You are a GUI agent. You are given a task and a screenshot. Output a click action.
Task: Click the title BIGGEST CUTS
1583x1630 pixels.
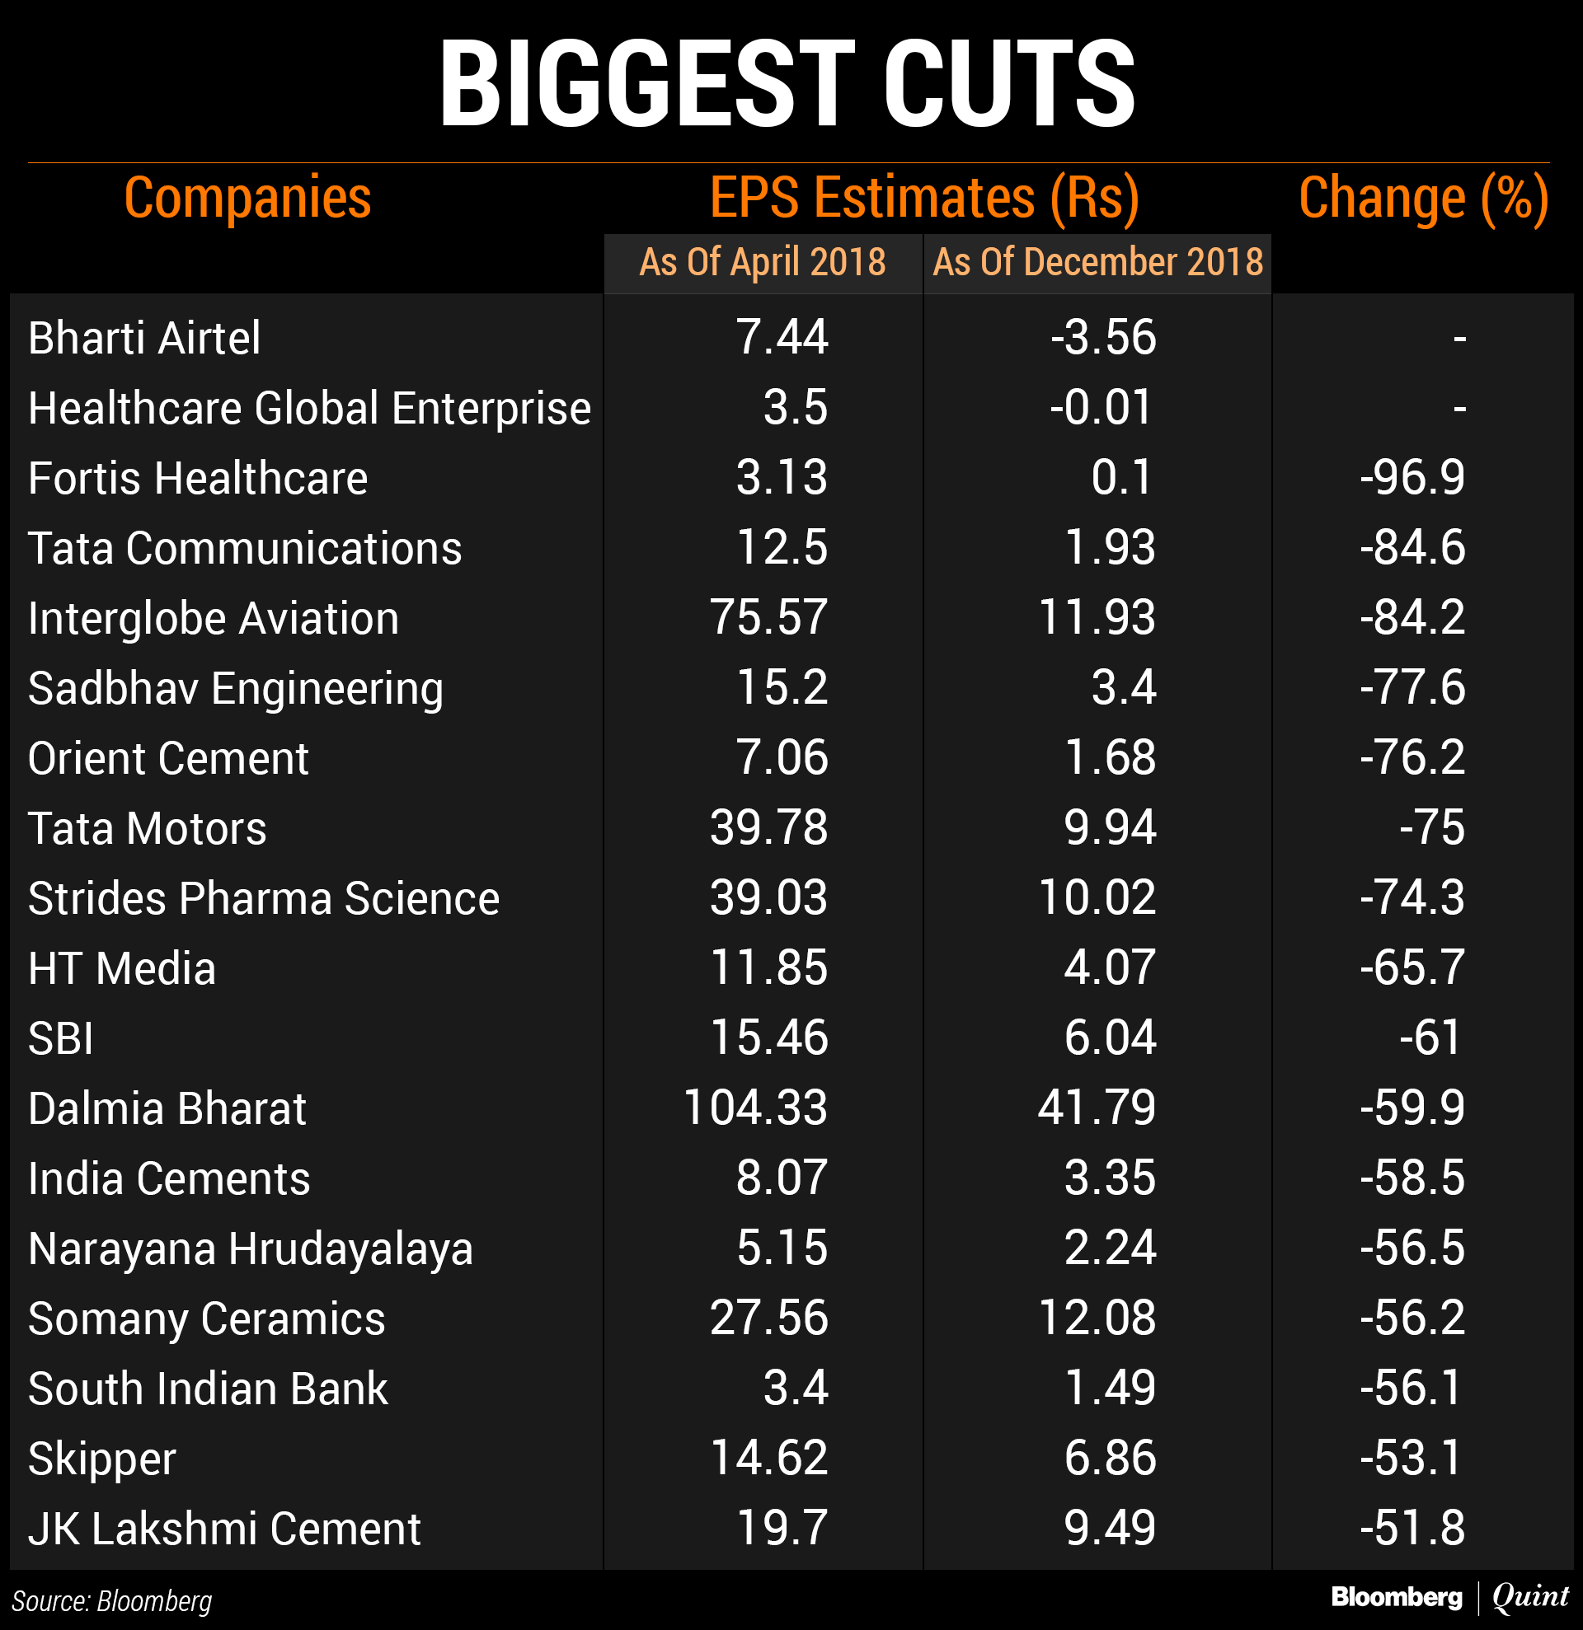[787, 84]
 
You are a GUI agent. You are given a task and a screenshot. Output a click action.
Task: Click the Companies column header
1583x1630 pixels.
[247, 198]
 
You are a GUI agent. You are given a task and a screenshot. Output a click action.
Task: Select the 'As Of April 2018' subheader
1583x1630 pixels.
[762, 262]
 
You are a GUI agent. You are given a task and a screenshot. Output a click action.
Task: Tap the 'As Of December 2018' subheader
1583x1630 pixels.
[1097, 262]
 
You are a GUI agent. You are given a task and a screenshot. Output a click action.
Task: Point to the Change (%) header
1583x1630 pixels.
[1422, 198]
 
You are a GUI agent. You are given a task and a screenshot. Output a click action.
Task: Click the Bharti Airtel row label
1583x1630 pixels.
[144, 339]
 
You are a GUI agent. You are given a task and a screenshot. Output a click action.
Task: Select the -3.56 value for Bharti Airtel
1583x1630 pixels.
[1102, 338]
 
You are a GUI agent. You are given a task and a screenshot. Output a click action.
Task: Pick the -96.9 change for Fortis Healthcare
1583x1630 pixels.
[1412, 478]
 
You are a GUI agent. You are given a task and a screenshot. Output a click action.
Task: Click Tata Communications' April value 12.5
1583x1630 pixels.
[781, 548]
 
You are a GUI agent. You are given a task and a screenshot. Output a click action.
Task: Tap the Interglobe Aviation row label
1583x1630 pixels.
[213, 619]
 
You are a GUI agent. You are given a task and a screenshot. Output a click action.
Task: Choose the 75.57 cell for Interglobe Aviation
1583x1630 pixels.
[768, 618]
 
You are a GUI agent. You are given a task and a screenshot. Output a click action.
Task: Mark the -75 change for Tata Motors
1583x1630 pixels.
[1430, 828]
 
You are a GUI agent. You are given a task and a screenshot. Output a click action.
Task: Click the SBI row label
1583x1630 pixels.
[61, 1038]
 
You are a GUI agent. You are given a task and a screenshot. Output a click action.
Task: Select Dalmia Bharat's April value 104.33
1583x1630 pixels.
[754, 1108]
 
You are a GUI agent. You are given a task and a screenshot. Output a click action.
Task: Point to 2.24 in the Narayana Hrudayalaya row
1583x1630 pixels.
[1109, 1248]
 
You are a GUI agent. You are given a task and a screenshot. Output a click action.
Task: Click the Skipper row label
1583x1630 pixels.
[101, 1459]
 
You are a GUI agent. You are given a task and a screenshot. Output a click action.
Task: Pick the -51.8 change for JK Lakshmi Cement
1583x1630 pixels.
[1412, 1529]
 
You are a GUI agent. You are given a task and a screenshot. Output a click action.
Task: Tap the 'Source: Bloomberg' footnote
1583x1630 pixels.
[111, 1601]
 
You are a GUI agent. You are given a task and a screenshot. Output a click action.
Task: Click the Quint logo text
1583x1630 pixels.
[1529, 1597]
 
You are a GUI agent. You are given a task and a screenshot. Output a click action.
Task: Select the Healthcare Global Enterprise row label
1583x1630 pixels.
[308, 409]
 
